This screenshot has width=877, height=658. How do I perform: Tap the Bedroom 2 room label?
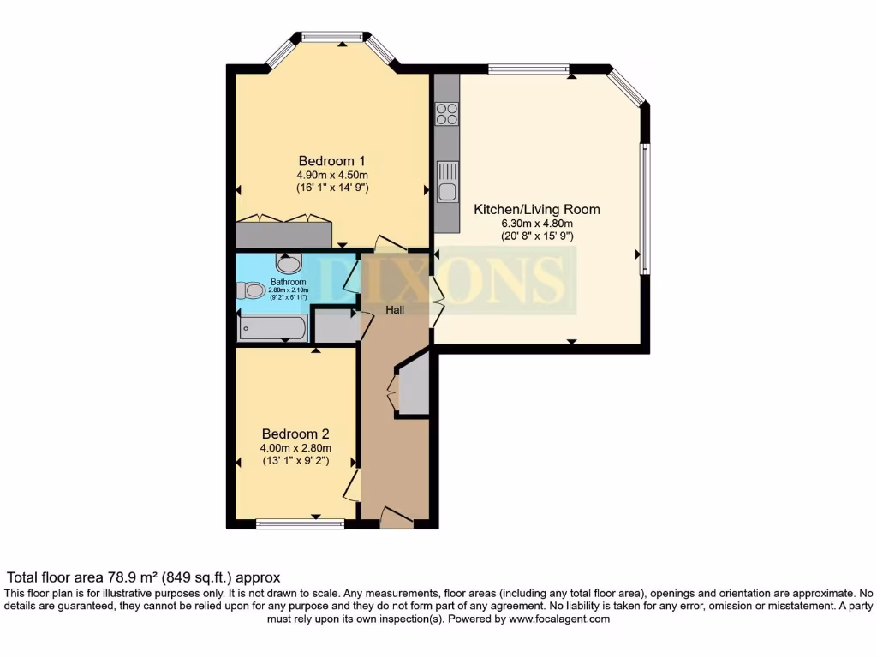(x=296, y=434)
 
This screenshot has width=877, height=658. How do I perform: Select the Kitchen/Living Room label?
(x=537, y=209)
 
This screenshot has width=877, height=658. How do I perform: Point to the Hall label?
(x=395, y=310)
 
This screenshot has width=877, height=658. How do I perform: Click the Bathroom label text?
(x=288, y=282)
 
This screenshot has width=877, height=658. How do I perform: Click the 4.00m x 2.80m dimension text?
(x=296, y=447)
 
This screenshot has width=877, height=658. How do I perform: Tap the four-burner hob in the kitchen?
(x=446, y=114)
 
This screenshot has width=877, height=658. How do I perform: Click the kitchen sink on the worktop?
(x=446, y=180)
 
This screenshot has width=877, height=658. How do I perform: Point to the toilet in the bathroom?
(x=251, y=291)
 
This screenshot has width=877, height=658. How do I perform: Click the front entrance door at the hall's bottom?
(x=396, y=516)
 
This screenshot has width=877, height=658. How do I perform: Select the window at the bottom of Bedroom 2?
(x=300, y=524)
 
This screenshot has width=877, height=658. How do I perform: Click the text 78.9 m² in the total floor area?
(x=129, y=578)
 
